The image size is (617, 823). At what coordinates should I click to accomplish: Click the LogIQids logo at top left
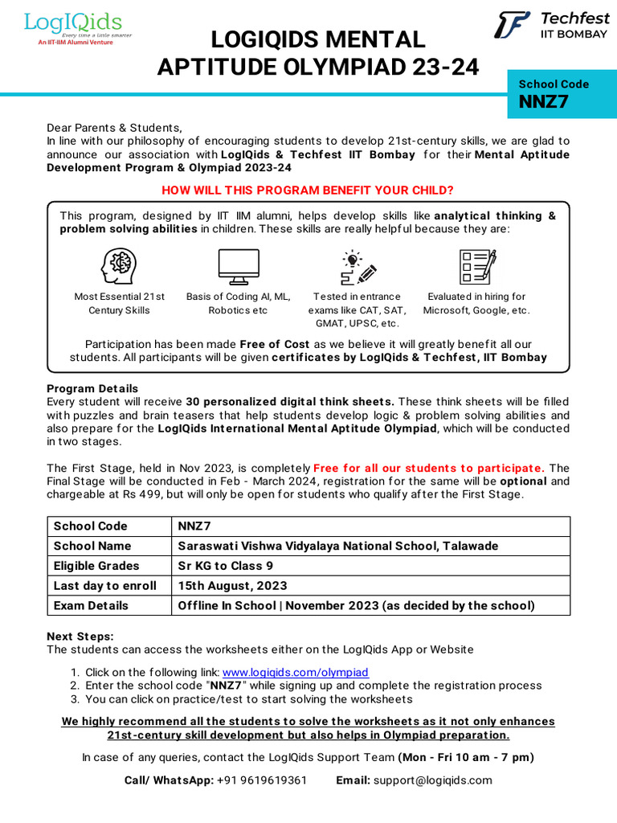click(x=73, y=27)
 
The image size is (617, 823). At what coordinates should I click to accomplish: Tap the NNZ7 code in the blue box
click(x=545, y=102)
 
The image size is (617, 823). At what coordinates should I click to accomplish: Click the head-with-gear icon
click(x=119, y=266)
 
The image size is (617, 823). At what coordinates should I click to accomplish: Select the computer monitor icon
click(x=239, y=266)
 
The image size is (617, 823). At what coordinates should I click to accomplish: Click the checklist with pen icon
click(x=476, y=266)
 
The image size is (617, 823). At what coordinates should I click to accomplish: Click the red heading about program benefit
click(x=308, y=190)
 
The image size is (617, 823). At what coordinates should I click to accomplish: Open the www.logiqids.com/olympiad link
click(x=295, y=672)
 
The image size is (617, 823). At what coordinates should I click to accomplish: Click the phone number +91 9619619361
click(x=262, y=780)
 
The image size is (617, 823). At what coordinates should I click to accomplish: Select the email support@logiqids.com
click(x=432, y=780)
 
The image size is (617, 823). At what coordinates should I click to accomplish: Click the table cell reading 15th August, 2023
click(x=232, y=585)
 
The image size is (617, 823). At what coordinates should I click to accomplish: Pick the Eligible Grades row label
click(x=96, y=566)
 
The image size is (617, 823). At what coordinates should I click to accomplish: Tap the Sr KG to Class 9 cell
click(x=226, y=566)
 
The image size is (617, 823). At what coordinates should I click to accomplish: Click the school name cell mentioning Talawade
click(x=337, y=546)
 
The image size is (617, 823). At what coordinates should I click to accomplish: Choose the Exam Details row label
click(x=91, y=605)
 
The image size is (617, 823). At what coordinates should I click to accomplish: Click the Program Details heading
click(x=92, y=388)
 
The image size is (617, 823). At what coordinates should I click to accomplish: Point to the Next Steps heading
click(x=80, y=636)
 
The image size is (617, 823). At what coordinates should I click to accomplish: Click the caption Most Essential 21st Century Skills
click(x=119, y=303)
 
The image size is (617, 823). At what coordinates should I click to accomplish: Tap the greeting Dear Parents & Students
click(x=115, y=128)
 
